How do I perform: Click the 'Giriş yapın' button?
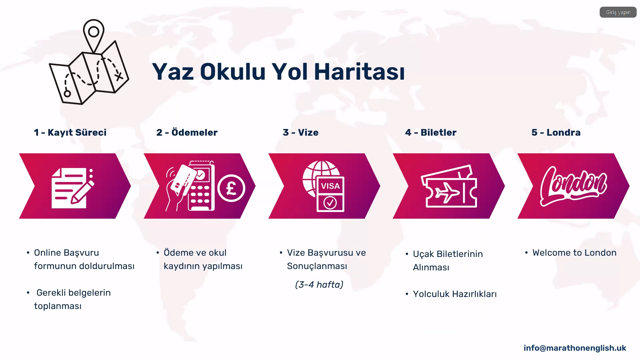tap(618, 12)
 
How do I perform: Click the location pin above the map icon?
tap(94, 33)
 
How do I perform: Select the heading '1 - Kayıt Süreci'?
tap(70, 132)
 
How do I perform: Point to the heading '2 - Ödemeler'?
tap(187, 132)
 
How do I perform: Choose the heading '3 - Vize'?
tap(301, 132)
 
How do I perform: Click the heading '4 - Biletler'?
tap(431, 132)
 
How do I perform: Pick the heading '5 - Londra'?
tap(556, 132)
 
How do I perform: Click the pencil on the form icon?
tap(82, 192)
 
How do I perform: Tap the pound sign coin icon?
tap(231, 188)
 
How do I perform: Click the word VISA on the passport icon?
tap(330, 186)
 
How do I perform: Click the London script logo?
tap(573, 186)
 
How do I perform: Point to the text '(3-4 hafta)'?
tap(319, 285)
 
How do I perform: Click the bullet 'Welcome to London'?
tap(574, 253)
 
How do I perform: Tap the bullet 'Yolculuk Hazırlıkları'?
tap(455, 294)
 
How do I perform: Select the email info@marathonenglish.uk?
tap(575, 348)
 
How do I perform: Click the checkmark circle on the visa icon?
tap(330, 202)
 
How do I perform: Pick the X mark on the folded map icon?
tap(119, 77)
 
